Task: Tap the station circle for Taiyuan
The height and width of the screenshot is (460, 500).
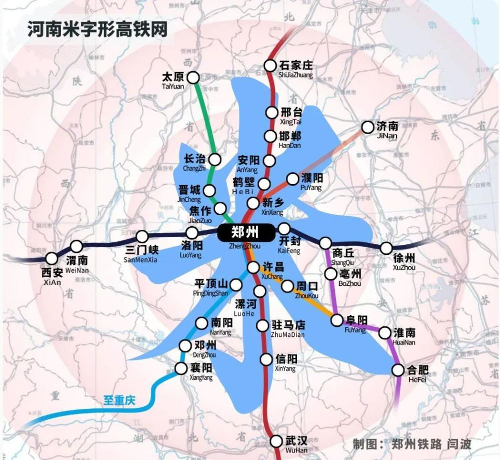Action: tap(193, 77)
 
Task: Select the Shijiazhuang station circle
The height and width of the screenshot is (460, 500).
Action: tap(270, 65)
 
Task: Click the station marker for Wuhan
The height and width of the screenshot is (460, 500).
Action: tap(276, 441)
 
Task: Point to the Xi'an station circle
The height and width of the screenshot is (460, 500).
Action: tap(51, 258)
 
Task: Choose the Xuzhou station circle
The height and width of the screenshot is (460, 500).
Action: tap(386, 248)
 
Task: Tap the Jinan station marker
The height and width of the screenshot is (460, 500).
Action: tap(367, 127)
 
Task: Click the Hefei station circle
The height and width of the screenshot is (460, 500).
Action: tap(398, 370)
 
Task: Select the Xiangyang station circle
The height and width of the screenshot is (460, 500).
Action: tap(181, 368)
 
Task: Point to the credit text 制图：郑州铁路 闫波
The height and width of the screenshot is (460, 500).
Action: tap(411, 444)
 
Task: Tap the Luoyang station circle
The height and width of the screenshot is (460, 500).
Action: tap(192, 233)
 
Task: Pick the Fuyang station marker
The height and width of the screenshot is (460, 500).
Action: tap(337, 320)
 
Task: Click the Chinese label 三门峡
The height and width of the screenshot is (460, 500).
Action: tap(141, 249)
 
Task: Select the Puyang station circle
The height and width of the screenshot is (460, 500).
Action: tap(292, 179)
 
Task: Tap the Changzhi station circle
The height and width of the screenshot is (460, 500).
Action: tap(215, 159)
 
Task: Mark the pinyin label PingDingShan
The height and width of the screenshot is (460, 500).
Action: tap(213, 294)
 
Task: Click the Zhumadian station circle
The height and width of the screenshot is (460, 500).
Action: tap(262, 326)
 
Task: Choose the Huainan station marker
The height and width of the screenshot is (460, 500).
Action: tap(385, 332)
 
